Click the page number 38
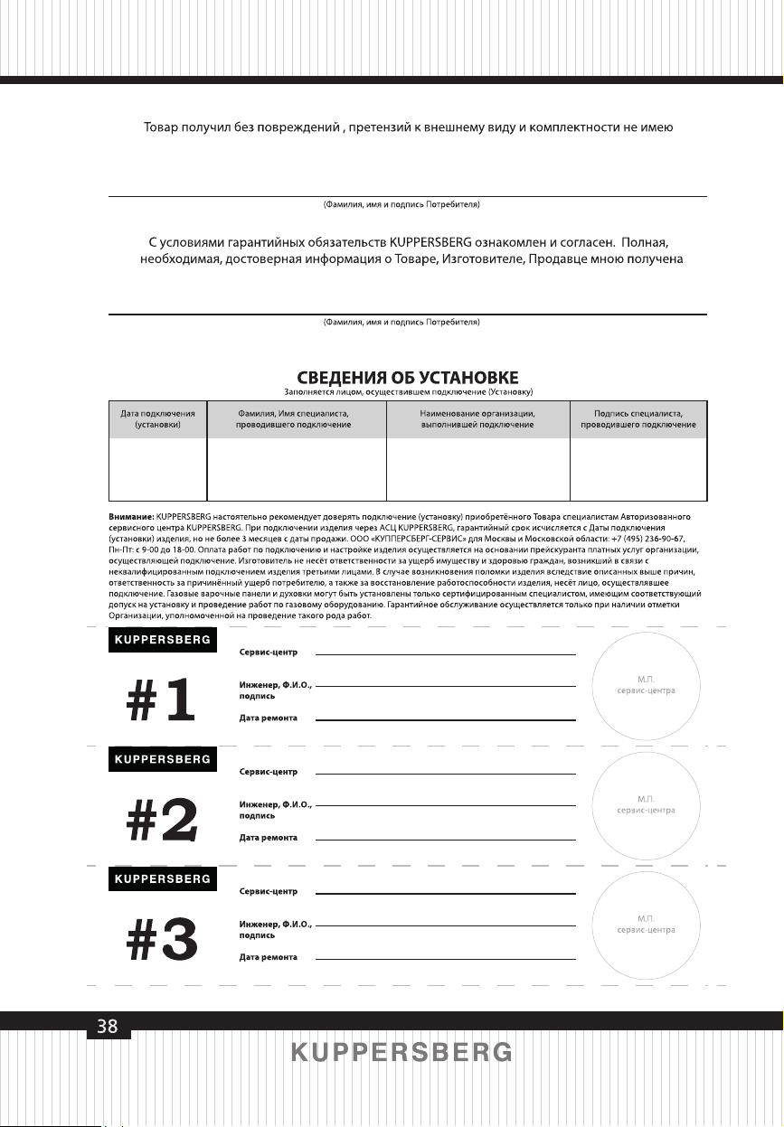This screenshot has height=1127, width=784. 108,1026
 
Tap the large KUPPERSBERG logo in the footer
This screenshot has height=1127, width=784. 401,1053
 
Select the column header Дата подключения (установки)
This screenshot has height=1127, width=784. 158,418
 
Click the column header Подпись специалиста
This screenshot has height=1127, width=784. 638,418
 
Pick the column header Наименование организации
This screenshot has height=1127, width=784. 477,418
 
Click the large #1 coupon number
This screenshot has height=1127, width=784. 161,700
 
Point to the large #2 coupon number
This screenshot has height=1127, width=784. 161,820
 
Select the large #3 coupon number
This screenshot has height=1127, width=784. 161,940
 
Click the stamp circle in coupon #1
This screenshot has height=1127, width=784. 646,684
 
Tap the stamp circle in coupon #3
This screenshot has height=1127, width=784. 646,924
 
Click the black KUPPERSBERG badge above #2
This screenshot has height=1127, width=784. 163,759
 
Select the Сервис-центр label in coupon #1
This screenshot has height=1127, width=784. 269,652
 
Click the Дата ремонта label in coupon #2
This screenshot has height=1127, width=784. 269,838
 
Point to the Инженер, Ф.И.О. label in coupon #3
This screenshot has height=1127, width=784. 276,925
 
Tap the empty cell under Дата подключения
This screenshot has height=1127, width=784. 158,469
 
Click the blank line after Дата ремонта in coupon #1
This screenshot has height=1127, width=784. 445,718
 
